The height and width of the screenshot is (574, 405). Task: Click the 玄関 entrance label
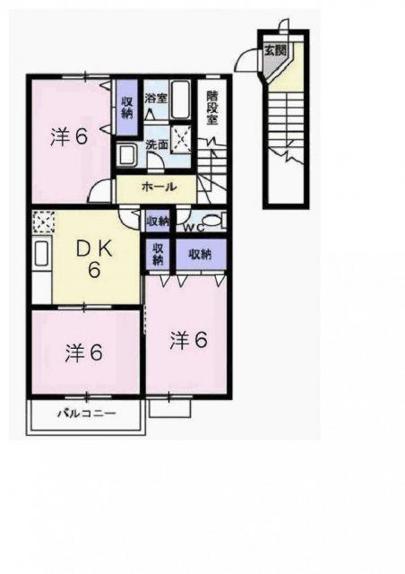pos(275,50)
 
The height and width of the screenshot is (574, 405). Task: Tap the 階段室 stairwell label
pos(211,108)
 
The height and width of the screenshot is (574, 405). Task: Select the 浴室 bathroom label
pos(156,98)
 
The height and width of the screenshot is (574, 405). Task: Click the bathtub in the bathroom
pos(180,100)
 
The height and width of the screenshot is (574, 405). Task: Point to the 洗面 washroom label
pos(157,145)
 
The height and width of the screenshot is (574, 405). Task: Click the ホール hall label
pos(159,187)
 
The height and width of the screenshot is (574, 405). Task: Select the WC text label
pos(194,228)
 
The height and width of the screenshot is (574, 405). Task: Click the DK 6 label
pos(94,259)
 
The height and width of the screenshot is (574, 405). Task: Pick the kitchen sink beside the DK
pos(41,254)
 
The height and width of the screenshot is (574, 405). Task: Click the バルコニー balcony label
pos(87,413)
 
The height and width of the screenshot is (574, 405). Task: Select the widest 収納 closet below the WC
pos(201,254)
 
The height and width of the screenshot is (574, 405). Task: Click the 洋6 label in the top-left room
pos(69,137)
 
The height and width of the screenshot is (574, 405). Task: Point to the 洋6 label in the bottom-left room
pos(84,352)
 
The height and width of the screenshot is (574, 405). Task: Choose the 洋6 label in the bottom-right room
pos(189,340)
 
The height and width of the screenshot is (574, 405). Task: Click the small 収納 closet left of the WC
pos(158,221)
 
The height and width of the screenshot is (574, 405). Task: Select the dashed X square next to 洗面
pos(181,139)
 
